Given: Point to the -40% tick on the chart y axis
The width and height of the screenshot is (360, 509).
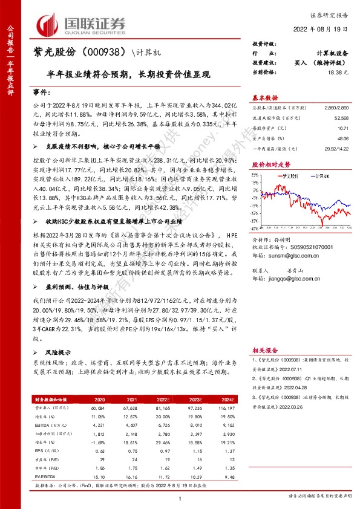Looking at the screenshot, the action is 257,229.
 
